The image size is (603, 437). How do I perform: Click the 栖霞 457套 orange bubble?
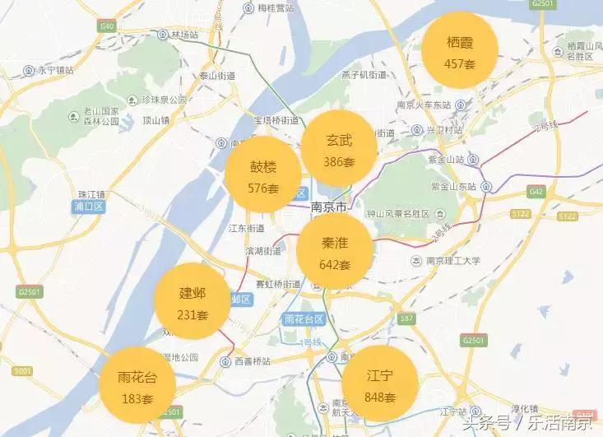coord(460,51)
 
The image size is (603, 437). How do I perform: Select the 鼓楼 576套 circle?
coord(263,175)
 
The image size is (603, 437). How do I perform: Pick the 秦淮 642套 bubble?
coord(334,252)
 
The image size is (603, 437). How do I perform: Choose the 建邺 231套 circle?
coord(192,302)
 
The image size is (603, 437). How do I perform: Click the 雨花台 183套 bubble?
coord(136,387)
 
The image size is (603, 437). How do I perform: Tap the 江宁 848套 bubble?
coord(379,385)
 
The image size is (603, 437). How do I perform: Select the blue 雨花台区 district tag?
coord(303,318)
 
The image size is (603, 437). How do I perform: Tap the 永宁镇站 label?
coord(50,70)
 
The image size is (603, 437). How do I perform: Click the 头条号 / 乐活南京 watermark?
coord(526,424)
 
